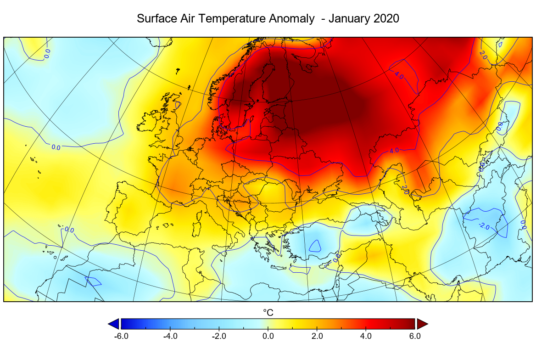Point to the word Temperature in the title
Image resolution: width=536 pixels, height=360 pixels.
(239, 19)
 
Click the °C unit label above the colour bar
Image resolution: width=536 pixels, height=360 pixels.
(268, 313)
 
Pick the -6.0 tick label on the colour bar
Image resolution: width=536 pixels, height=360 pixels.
(121, 336)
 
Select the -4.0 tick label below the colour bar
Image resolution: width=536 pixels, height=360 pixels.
(170, 336)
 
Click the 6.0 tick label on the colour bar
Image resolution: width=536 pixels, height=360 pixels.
(415, 336)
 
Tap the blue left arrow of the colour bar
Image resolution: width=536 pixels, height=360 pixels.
(113, 324)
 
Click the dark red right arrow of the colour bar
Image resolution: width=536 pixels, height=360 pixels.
(422, 324)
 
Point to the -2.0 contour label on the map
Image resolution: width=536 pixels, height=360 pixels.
(485, 225)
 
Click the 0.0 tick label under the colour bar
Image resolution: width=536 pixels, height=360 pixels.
(268, 336)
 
